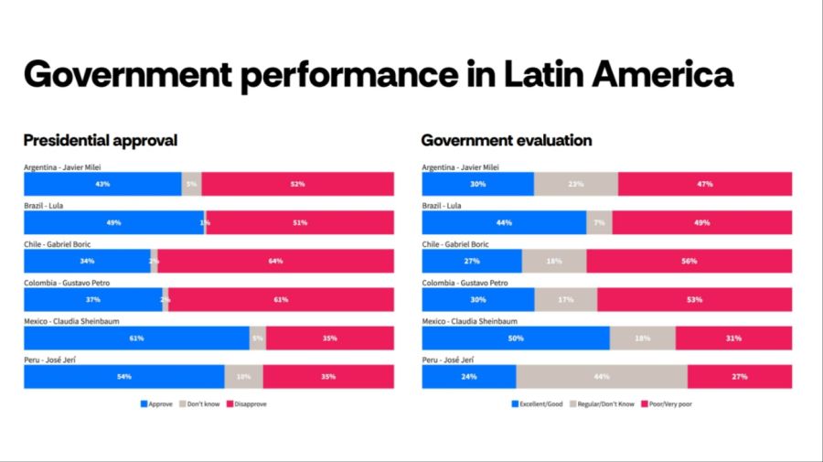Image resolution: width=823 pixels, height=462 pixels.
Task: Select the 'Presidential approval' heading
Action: pos(100,140)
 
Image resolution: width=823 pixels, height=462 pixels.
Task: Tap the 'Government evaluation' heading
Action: pos(506,140)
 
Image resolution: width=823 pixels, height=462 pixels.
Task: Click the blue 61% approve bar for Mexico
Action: pos(136,338)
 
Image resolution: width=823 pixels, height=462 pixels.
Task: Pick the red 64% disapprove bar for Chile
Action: pos(275,261)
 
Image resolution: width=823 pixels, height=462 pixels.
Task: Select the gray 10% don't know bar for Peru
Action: pos(243,376)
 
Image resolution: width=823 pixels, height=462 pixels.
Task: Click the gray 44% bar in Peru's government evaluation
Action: pos(602,376)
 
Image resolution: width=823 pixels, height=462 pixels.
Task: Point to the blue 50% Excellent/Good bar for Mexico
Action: pos(516,338)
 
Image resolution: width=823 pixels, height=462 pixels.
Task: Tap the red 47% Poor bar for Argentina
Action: pos(705,184)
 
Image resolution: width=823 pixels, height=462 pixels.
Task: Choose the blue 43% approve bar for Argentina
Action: pos(102,184)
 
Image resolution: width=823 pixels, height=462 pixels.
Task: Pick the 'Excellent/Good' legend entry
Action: pos(540,403)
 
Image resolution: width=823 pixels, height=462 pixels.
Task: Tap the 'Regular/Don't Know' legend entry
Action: pos(603,403)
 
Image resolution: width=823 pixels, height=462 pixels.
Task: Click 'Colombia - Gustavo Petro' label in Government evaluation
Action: pos(464,283)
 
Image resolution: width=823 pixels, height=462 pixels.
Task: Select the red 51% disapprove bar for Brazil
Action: pos(300,222)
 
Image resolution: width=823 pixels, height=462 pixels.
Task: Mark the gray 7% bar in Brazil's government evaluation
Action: pos(599,222)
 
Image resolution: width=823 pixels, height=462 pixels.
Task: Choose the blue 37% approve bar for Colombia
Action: pos(93,299)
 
